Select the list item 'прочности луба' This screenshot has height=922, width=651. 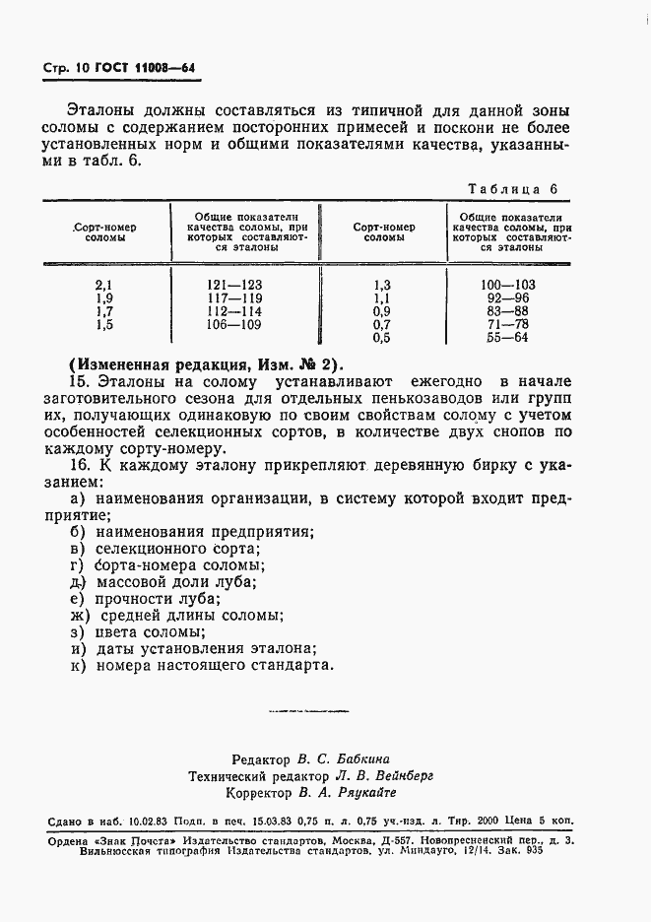(x=154, y=598)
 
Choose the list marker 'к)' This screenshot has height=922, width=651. (x=78, y=665)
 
